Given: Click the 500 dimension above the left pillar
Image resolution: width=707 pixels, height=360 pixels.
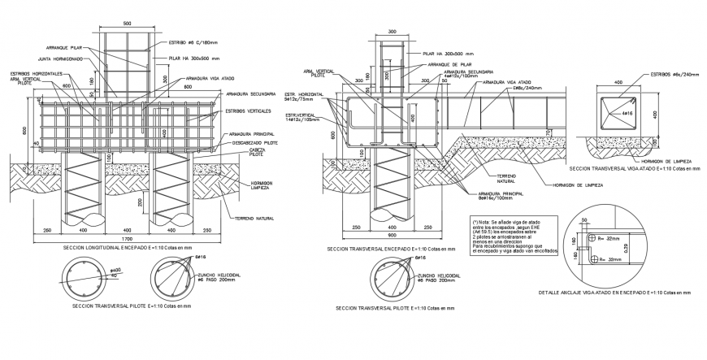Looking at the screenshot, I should pos(127,24).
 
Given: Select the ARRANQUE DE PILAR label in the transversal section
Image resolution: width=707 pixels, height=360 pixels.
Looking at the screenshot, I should pos(453,64).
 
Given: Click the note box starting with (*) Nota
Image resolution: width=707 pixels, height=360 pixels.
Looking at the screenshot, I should pos(514,236).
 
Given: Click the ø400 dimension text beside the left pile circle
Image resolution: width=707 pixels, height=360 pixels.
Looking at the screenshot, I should pos(115,269).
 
